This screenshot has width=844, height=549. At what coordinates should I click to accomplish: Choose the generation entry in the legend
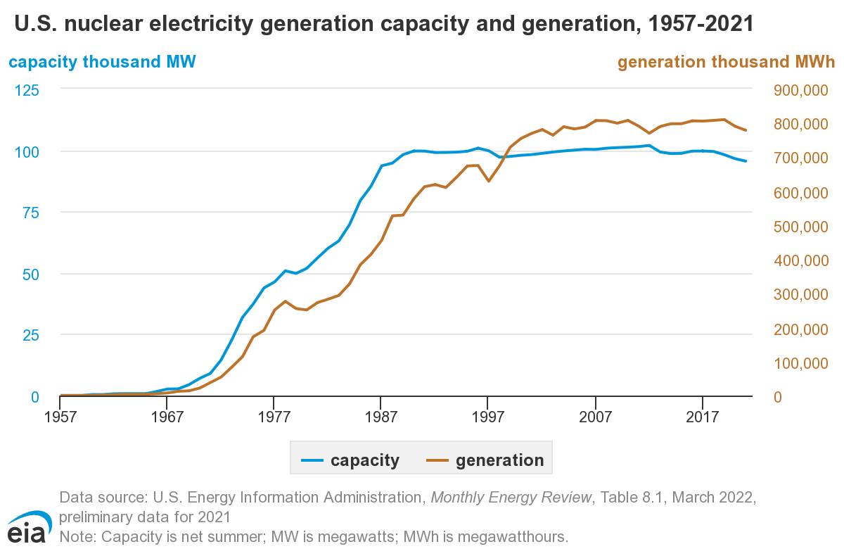pos(485,461)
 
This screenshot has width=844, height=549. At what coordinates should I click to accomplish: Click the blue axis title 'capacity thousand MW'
pos(102,62)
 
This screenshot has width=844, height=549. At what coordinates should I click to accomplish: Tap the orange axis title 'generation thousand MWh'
pos(726,62)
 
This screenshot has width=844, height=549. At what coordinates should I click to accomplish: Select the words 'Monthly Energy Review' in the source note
pos(511,498)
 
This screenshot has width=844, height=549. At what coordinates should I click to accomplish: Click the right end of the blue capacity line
pos(746,161)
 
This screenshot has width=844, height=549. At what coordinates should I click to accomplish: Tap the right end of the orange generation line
pos(746,130)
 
